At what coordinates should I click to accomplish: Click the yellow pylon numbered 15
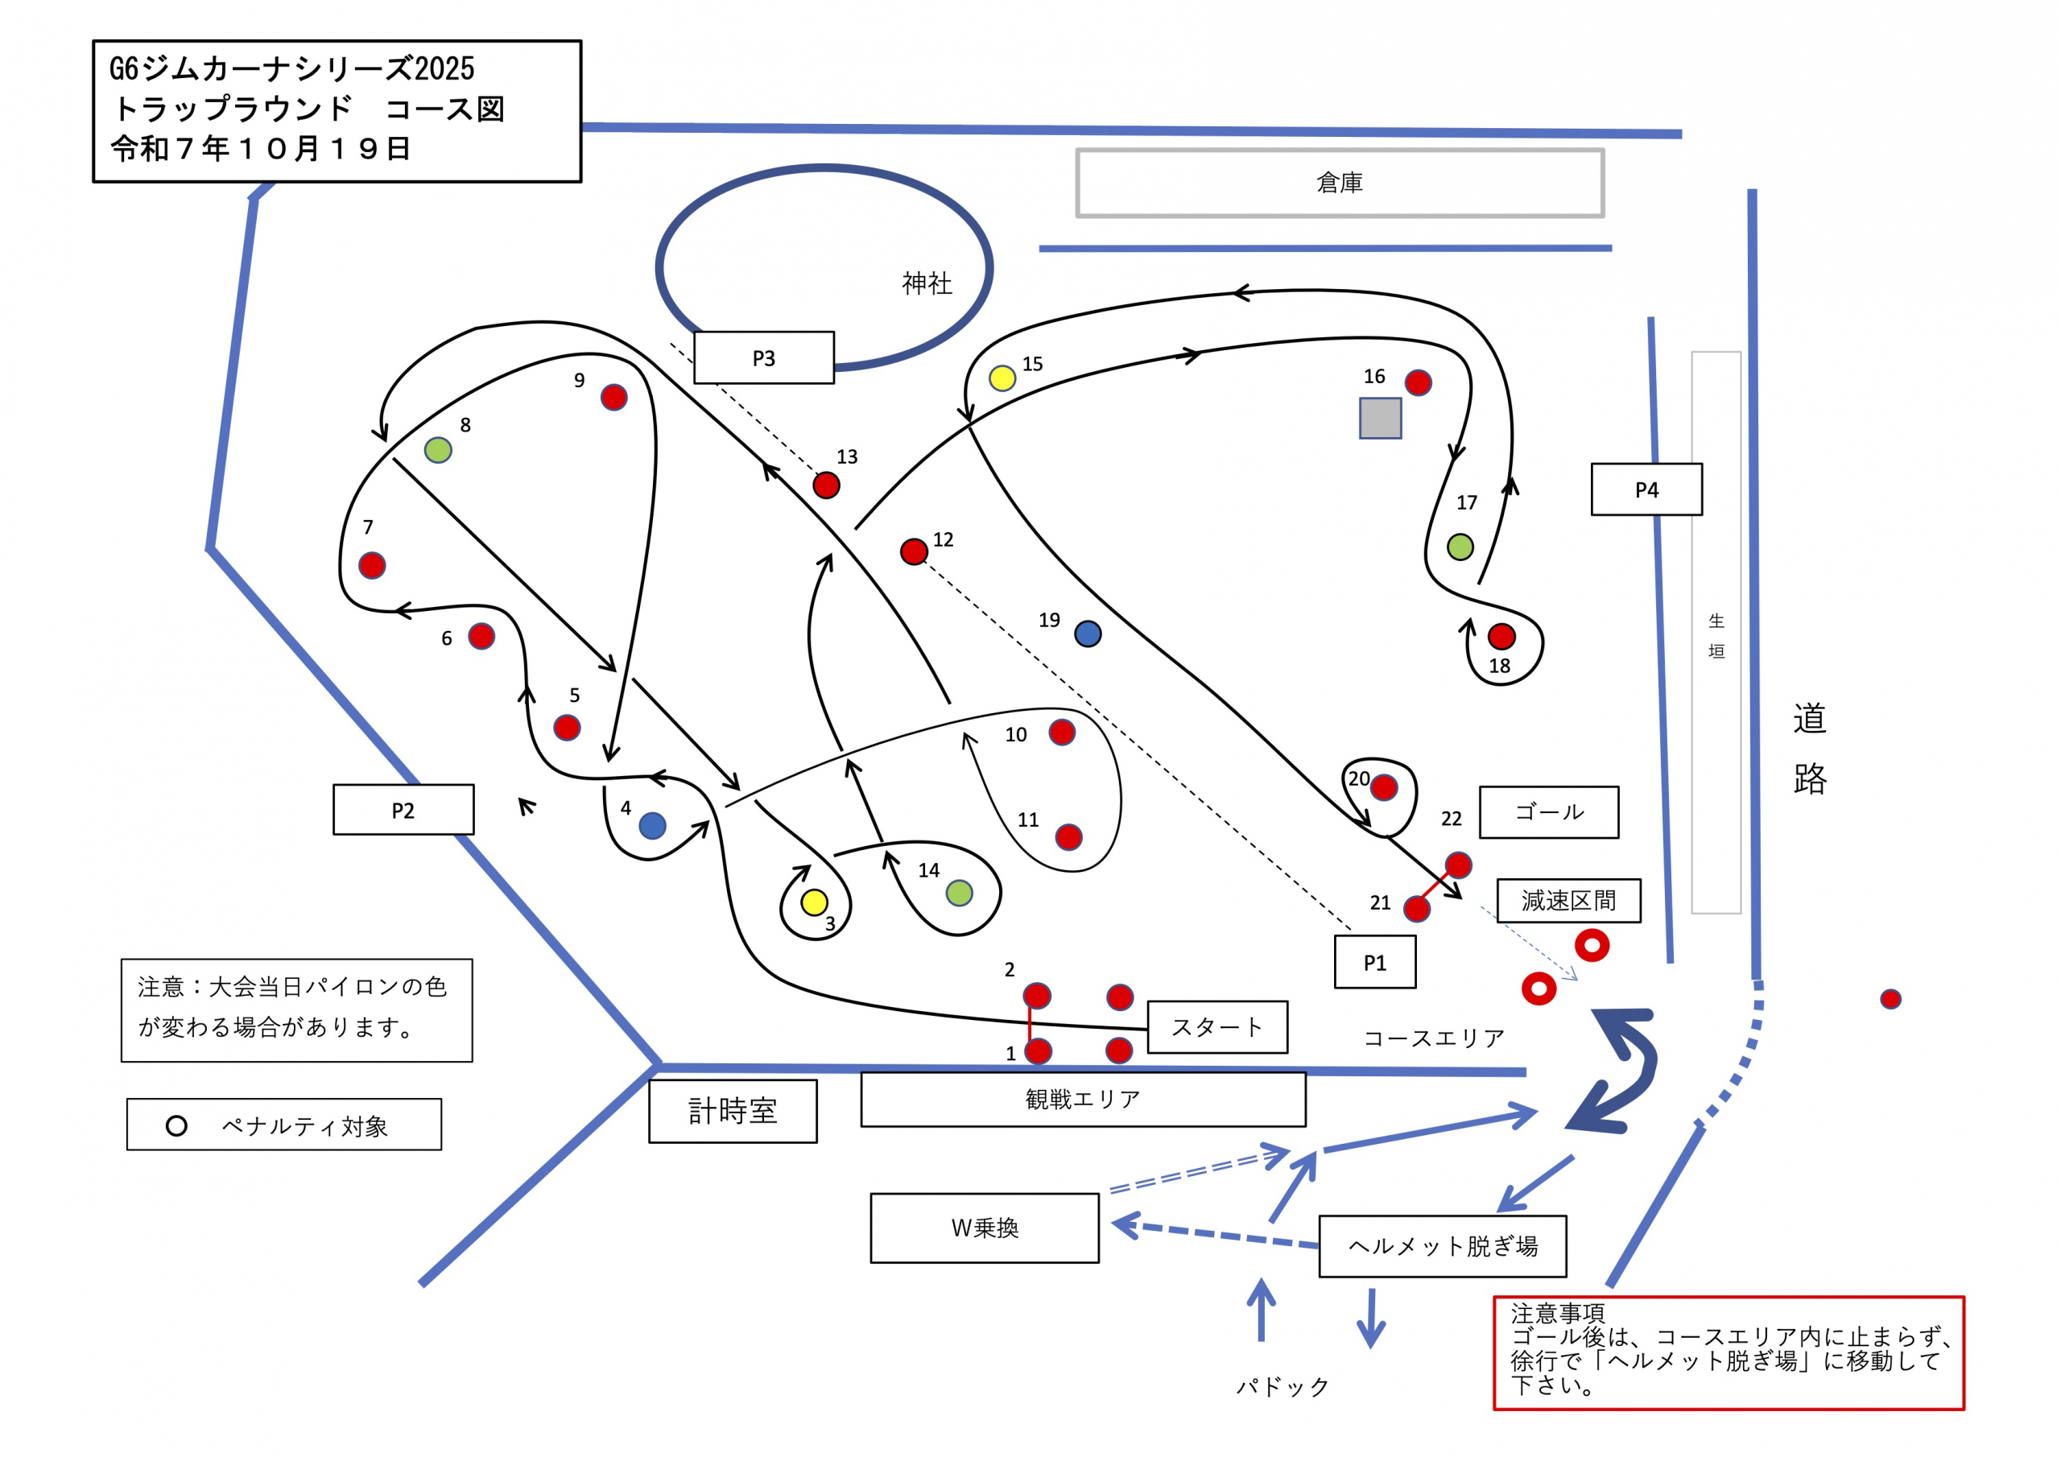coord(1002,378)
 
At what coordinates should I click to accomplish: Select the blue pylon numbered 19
coord(1088,634)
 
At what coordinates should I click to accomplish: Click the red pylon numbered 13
coord(826,485)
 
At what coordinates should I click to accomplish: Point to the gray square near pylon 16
coord(1380,418)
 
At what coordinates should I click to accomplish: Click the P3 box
coord(763,357)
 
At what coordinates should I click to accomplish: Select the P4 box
coord(1646,489)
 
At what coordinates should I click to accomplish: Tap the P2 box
coord(403,810)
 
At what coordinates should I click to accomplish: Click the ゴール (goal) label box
coord(1548,812)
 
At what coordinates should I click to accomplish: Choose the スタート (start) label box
coord(1217,1027)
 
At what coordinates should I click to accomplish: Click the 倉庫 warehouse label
coord(1340,184)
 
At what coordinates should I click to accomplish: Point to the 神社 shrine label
coord(927,283)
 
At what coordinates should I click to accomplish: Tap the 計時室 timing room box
coord(733,1112)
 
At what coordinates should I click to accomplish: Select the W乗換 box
coord(984,1228)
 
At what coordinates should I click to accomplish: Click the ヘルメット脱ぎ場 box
coord(1443,1246)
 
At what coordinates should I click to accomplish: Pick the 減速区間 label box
coord(1568,901)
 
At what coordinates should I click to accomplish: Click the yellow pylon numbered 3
coord(814,902)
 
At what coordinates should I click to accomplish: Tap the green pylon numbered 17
coord(1460,546)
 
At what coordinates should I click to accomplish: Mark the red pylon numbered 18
coord(1501,637)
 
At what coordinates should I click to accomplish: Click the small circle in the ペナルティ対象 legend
coord(177,1125)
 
